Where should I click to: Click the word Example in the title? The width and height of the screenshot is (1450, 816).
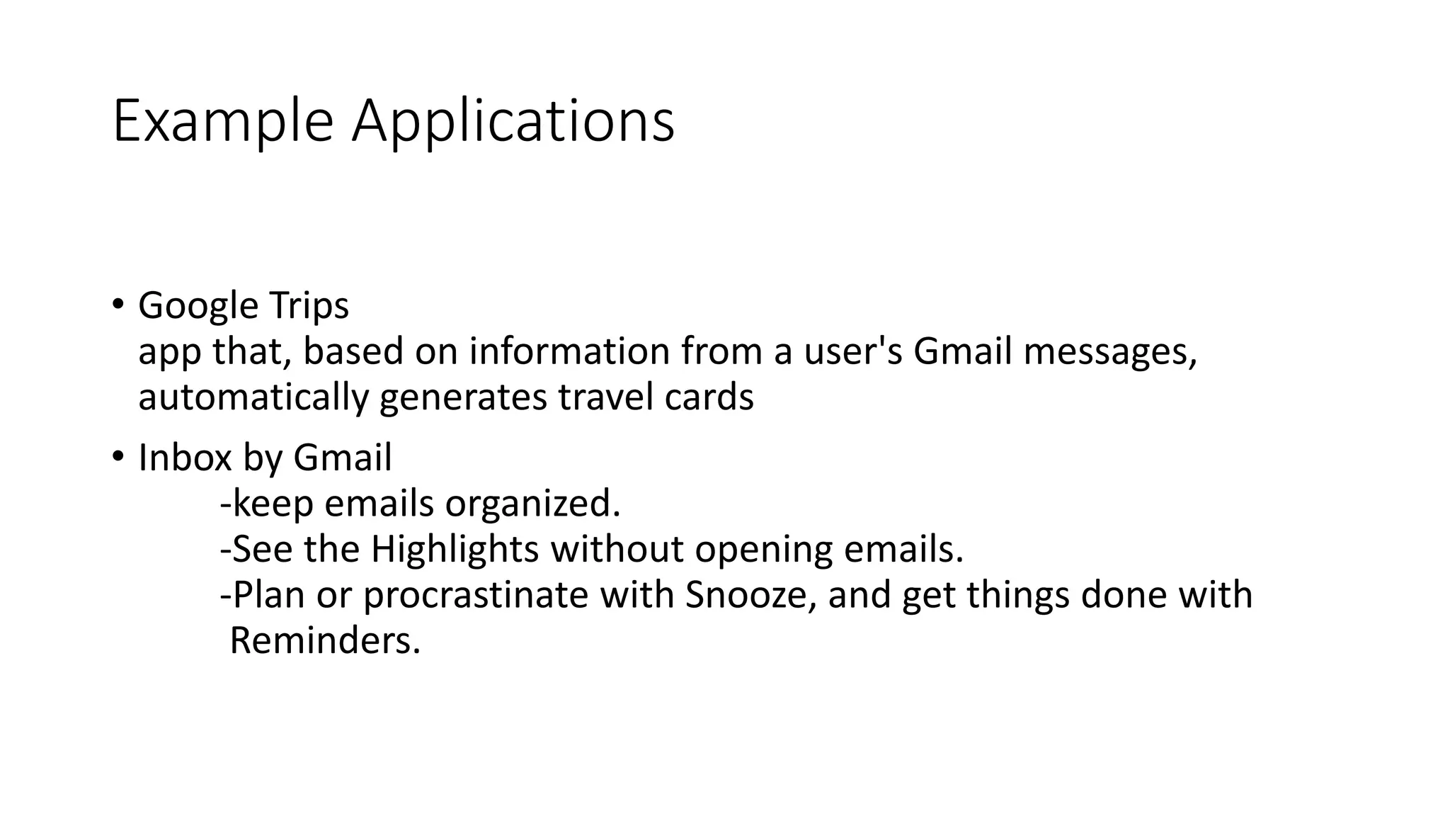click(222, 122)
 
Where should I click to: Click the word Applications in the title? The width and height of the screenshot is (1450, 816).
click(513, 122)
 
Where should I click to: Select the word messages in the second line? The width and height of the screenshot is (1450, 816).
click(1109, 351)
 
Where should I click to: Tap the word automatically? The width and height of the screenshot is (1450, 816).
click(253, 397)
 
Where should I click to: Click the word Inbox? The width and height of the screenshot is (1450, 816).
click(185, 458)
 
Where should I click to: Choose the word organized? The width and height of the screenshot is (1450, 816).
click(532, 504)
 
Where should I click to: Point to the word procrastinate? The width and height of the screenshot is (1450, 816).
click(475, 594)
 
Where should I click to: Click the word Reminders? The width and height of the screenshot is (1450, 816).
click(324, 640)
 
